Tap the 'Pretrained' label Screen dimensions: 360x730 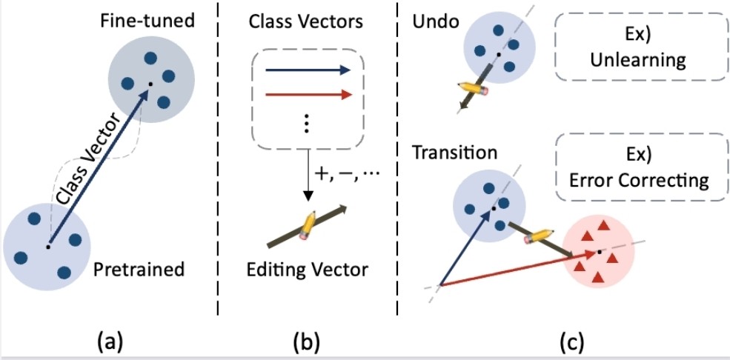(139, 270)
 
